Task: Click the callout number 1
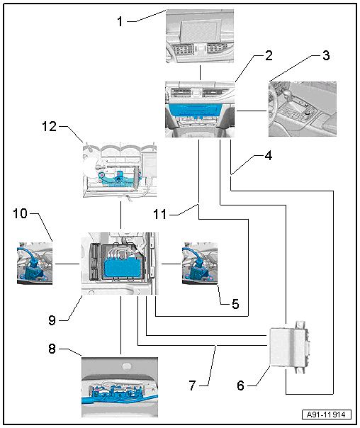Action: [x=120, y=21]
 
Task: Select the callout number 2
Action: [x=269, y=55]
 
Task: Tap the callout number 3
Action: [x=326, y=55]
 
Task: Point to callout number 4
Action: [x=269, y=156]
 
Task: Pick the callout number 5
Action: [x=235, y=304]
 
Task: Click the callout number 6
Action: [x=240, y=385]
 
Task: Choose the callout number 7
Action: [x=193, y=385]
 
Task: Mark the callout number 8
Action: [x=52, y=349]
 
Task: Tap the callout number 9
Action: [x=52, y=320]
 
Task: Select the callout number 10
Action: [x=21, y=213]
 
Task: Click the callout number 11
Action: [x=160, y=214]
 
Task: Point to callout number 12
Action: [x=50, y=126]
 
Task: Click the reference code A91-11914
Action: [x=326, y=415]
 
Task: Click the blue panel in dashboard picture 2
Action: [x=195, y=111]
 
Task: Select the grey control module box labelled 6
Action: [x=289, y=347]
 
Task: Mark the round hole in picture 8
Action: [x=126, y=366]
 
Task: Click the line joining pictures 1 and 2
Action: [x=200, y=72]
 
